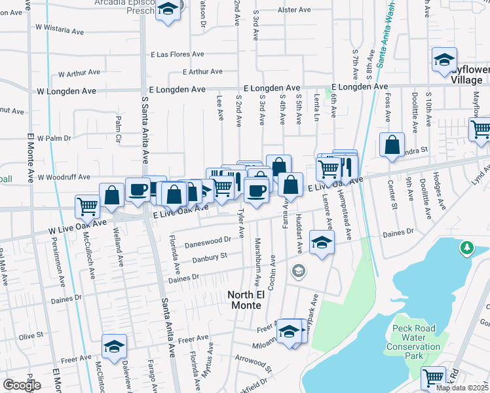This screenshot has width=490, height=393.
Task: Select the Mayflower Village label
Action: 470,73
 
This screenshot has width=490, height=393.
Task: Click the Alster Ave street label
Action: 294,10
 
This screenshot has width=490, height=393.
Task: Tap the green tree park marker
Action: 466,248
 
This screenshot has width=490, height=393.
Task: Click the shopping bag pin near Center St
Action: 392,145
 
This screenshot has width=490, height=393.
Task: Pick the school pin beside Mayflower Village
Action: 444,60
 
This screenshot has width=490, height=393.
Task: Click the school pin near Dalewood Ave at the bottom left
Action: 114,346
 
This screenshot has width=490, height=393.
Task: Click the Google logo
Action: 22,385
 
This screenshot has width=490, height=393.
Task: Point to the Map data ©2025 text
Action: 461,388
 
